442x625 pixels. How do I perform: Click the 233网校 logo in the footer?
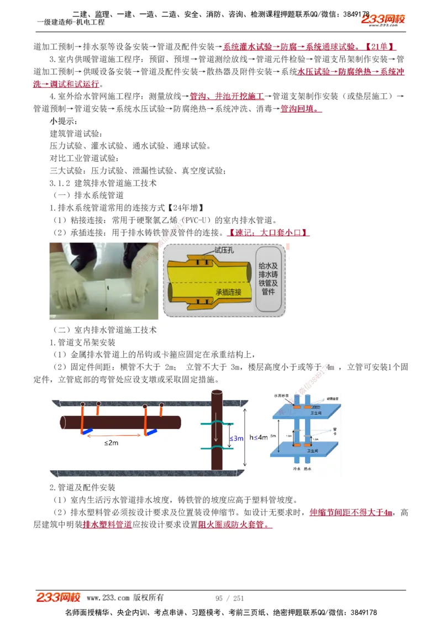click(59, 597)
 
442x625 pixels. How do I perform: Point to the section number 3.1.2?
click(60, 183)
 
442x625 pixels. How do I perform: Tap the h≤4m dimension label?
click(258, 437)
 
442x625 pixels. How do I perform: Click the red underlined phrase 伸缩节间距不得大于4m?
click(351, 512)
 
